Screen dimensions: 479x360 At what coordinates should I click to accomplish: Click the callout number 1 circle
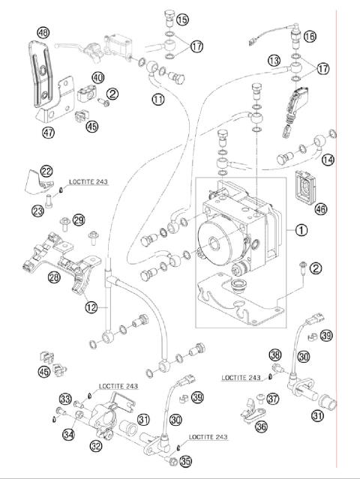(301, 231)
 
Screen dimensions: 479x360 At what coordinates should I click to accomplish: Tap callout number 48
(43, 32)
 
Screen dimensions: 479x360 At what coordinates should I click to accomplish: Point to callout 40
(98, 77)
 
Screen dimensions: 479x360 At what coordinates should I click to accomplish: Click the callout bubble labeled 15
(183, 19)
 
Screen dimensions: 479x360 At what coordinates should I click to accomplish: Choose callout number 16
(310, 36)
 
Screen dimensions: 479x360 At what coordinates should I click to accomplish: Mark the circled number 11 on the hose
(158, 99)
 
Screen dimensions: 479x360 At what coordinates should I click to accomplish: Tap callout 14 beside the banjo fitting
(327, 160)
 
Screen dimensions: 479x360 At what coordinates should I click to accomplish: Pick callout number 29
(79, 220)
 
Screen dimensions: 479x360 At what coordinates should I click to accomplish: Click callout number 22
(46, 172)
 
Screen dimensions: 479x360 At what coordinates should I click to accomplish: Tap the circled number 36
(261, 426)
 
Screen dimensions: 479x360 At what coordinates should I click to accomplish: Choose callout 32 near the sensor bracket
(96, 447)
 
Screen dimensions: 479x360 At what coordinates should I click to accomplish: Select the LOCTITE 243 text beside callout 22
(88, 181)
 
